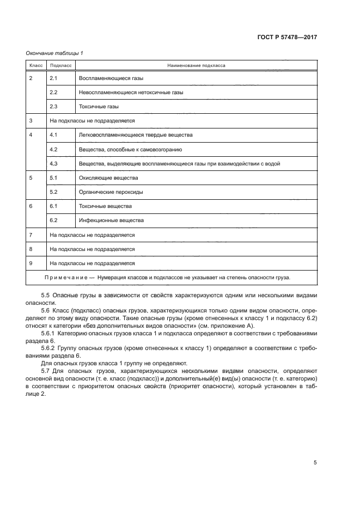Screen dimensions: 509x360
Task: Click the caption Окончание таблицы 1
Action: (54, 53)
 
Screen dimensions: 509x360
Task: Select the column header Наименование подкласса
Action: (197, 65)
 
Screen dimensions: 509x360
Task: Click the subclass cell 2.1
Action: (53, 78)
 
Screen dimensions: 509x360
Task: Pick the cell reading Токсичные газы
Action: (99, 107)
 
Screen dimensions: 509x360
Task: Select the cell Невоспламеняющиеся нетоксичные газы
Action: (131, 93)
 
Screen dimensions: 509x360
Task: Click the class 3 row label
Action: (31, 121)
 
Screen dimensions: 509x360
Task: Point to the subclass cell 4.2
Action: (53, 149)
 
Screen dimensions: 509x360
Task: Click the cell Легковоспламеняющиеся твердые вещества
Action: (136, 135)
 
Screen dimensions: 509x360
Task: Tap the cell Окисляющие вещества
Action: (108, 178)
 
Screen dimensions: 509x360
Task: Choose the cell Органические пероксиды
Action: (112, 192)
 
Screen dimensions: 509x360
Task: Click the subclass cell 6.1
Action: (53, 206)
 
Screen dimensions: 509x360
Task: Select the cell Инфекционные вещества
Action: (111, 220)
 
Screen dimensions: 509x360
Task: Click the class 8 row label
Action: (31, 249)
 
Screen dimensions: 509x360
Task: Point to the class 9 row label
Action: (31, 263)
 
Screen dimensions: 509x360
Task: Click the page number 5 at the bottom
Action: (315, 462)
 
